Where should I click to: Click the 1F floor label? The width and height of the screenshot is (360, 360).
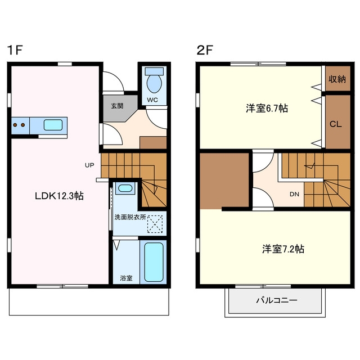coord(15,50)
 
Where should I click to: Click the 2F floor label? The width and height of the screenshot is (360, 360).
coord(205,50)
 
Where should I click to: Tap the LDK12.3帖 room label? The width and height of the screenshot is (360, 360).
coord(59,196)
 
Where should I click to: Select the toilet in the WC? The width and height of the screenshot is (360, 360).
coord(154,79)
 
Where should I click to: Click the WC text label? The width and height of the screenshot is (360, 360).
coord(152,100)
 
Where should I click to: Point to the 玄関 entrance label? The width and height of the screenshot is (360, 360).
coord(118,106)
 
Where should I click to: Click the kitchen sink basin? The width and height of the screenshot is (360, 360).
coord(53,125)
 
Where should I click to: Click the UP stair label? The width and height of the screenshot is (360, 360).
coord(89,165)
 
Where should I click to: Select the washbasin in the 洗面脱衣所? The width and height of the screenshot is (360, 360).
coord(125,188)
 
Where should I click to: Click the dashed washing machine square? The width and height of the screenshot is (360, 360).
coord(155,224)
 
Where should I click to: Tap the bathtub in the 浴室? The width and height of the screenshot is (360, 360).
coord(154,262)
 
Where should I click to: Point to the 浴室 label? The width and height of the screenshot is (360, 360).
coord(126,278)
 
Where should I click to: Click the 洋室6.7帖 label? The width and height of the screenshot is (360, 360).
coord(267,109)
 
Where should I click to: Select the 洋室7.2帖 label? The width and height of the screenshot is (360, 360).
coord(283,249)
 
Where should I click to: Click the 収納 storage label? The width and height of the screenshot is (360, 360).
coord(337,79)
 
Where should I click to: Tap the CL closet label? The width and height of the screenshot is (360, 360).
coord(336,124)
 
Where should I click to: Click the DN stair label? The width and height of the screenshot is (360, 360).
coord(294,194)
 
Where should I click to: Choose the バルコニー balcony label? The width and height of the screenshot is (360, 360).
coord(277,300)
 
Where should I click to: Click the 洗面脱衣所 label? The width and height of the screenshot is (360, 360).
coord(130,217)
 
